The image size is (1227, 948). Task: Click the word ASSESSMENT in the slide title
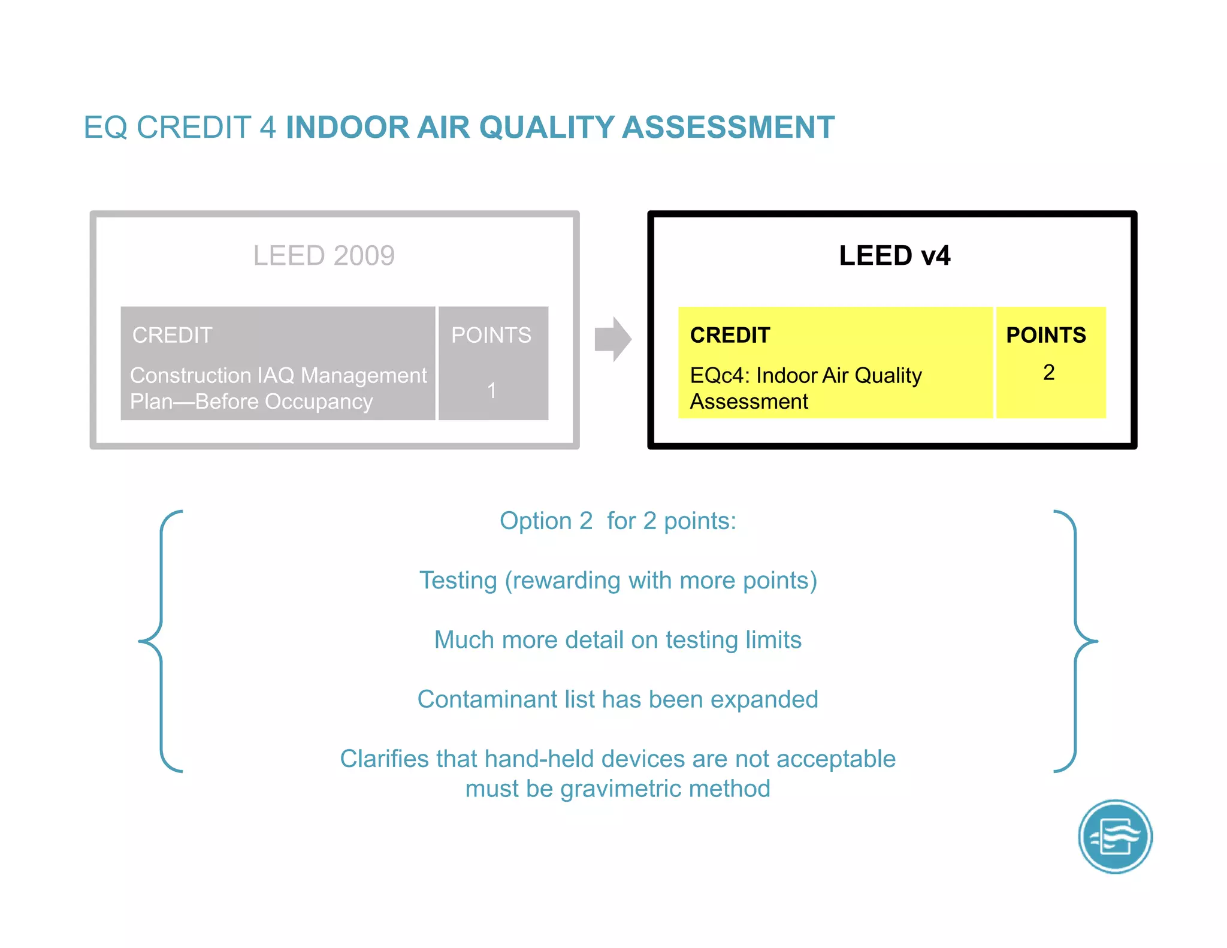tap(728, 128)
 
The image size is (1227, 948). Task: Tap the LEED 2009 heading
tap(324, 256)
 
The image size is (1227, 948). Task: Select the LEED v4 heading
tap(894, 256)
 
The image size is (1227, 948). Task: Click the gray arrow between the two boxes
tap(612, 339)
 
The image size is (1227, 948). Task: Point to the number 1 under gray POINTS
tap(492, 391)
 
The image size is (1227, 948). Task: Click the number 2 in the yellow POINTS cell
tap(1048, 373)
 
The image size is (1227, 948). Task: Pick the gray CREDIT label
tap(173, 335)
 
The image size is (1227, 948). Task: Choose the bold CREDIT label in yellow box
tap(730, 335)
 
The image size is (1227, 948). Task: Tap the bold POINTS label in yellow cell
tap(1045, 335)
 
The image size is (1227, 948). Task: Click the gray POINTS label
tap(491, 335)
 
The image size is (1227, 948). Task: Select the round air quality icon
tap(1115, 837)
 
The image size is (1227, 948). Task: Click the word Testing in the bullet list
tap(458, 581)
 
